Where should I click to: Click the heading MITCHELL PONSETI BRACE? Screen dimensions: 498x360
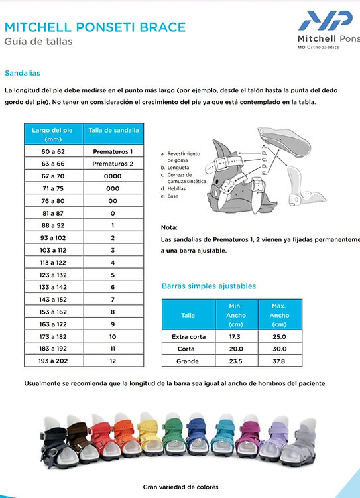[x=95, y=27]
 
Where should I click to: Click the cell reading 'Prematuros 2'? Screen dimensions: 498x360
[x=113, y=164]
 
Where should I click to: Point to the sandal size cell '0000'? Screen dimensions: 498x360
[x=113, y=176]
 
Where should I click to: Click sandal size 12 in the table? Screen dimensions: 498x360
[x=113, y=361]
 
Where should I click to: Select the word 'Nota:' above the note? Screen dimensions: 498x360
[x=169, y=227]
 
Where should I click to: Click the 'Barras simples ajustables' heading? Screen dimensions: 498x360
[x=209, y=286]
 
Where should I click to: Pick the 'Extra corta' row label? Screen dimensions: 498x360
[x=188, y=336]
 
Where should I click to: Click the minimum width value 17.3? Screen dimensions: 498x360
[x=235, y=336]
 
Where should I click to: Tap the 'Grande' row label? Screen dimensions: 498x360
[x=188, y=361]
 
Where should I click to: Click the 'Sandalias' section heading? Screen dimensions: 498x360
[x=22, y=73]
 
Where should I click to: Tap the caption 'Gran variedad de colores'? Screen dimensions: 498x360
[x=180, y=487]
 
